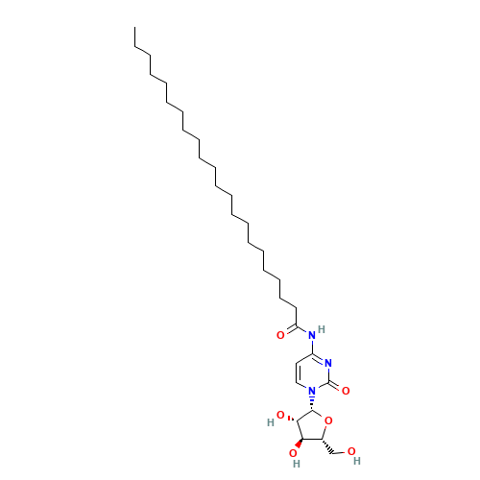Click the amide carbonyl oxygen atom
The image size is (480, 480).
click(280, 335)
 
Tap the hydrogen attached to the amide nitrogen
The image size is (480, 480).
click(323, 329)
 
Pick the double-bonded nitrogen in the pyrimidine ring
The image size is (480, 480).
click(328, 363)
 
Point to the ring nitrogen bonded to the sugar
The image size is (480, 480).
click(312, 391)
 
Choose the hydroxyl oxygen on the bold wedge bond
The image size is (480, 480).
click(294, 452)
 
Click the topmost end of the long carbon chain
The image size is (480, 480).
click(136, 47)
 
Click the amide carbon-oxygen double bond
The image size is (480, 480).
click(289, 332)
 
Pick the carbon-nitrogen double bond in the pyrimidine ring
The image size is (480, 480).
click(322, 359)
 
